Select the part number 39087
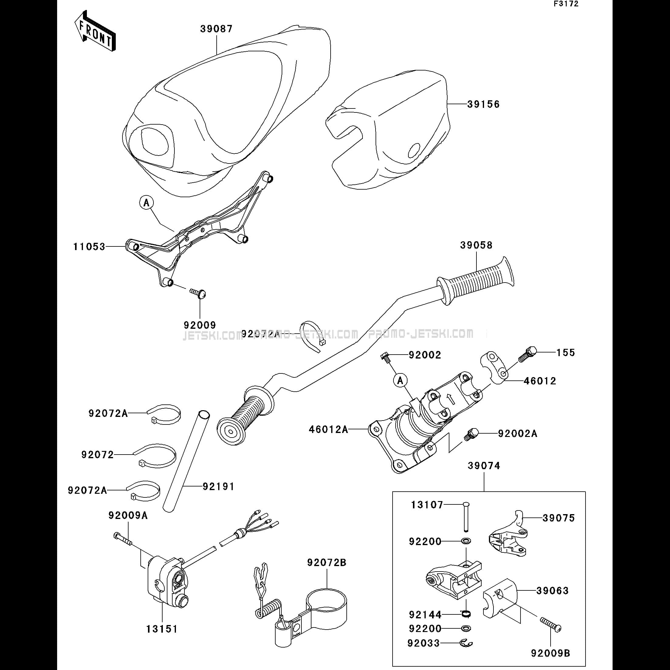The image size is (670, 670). (x=216, y=29)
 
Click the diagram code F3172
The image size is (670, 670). (x=566, y=4)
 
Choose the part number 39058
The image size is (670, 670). (x=476, y=245)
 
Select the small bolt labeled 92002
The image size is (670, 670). (x=385, y=357)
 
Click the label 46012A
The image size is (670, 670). (x=328, y=430)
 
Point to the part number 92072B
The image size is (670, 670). (x=326, y=562)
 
